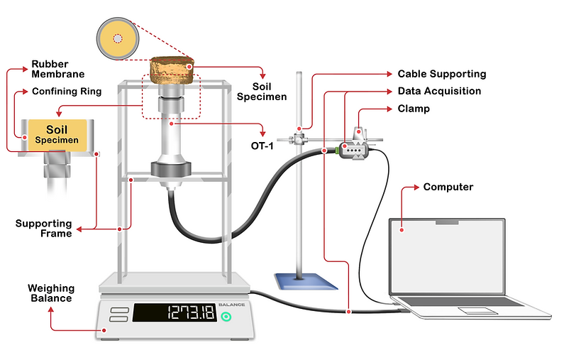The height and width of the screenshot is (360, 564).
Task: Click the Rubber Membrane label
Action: [x=57, y=69]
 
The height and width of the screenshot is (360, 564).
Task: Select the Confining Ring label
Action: [x=67, y=92]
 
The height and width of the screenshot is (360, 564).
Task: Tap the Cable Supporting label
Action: [x=441, y=74]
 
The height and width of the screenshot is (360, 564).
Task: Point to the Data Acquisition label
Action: [x=439, y=92]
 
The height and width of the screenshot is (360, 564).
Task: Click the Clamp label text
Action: [x=414, y=109]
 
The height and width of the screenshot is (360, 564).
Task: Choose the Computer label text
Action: [x=448, y=187]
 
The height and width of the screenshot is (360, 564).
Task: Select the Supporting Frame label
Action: [x=44, y=229]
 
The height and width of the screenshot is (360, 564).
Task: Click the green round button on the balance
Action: [x=226, y=314]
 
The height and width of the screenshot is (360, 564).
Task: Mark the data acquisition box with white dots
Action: [x=354, y=151]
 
